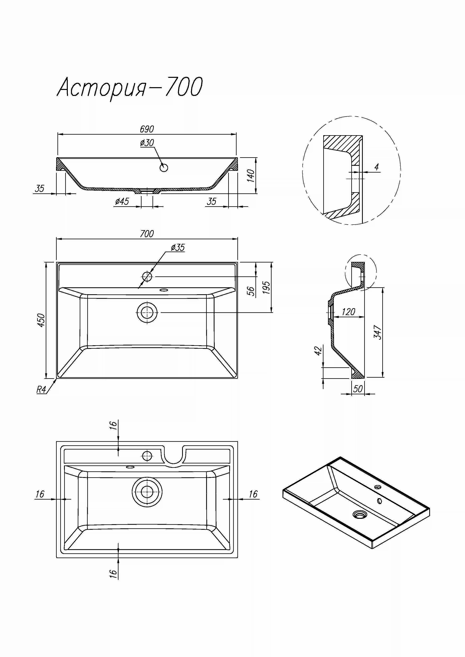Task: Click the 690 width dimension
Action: pos(147,129)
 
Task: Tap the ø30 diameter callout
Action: pos(147,143)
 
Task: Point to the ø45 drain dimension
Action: pos(122,202)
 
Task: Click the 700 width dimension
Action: pos(147,234)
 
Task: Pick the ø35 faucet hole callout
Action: pos(178,248)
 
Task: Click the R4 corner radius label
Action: pos(41,390)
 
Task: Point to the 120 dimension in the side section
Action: pos(348,312)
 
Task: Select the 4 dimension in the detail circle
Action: pos(377,167)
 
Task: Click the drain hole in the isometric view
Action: pos(359,514)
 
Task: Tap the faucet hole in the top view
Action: pos(147,277)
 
